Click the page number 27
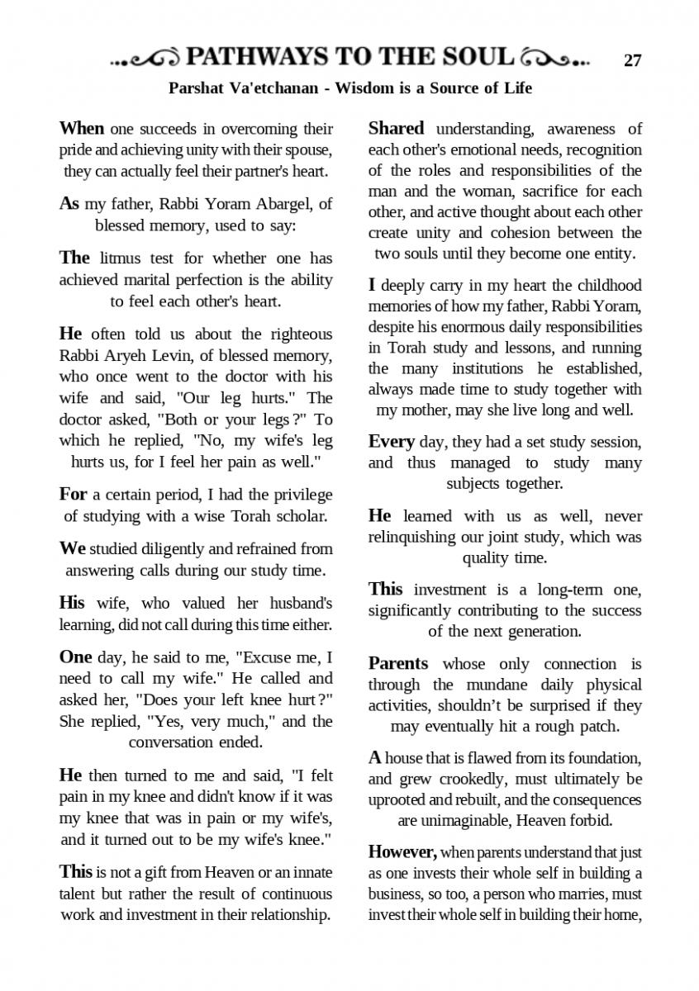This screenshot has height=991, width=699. pyautogui.click(x=633, y=60)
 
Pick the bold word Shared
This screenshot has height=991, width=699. pyautogui.click(x=396, y=129)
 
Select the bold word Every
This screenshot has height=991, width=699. pyautogui.click(x=391, y=442)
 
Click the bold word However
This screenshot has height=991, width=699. pyautogui.click(x=401, y=852)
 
